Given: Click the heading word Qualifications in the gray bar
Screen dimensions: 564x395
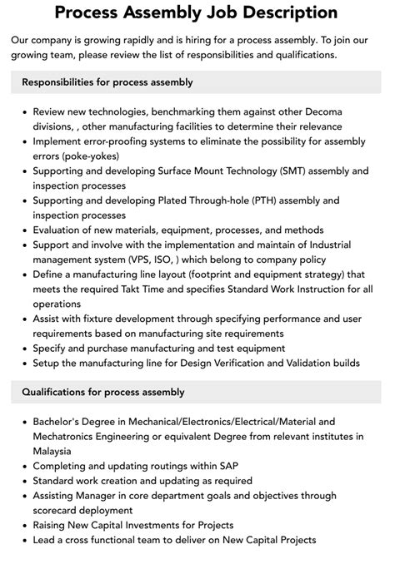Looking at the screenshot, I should pyautogui.click(x=57, y=392).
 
